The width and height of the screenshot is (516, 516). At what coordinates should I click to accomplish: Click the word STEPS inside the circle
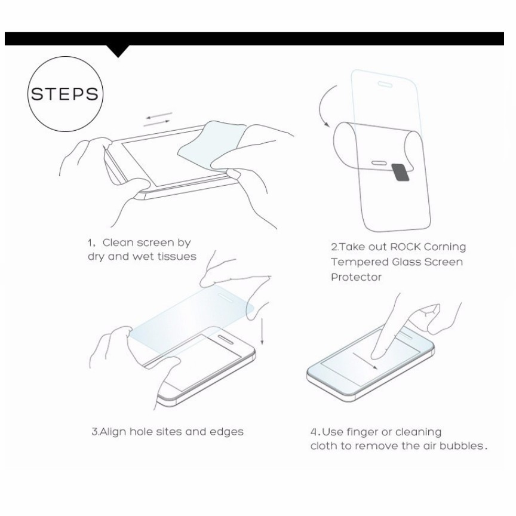pyautogui.click(x=65, y=94)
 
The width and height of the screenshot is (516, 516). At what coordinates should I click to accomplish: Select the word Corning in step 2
pyautogui.click(x=445, y=247)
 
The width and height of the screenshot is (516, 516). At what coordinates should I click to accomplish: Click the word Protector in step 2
pyautogui.click(x=356, y=277)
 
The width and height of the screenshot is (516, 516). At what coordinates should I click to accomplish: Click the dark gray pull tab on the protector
pyautogui.click(x=401, y=173)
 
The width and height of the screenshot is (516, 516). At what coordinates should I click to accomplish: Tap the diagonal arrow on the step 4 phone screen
pyautogui.click(x=365, y=361)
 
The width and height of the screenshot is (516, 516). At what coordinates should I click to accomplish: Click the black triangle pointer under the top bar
pyautogui.click(x=118, y=51)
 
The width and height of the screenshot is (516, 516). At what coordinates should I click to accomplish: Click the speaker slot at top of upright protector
pyautogui.click(x=385, y=85)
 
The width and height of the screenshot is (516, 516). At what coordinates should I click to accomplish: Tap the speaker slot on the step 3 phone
pyautogui.click(x=226, y=340)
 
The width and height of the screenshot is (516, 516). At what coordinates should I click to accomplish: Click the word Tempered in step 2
pyautogui.click(x=360, y=262)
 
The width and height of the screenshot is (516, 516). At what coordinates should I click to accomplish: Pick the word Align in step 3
pyautogui.click(x=112, y=432)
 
